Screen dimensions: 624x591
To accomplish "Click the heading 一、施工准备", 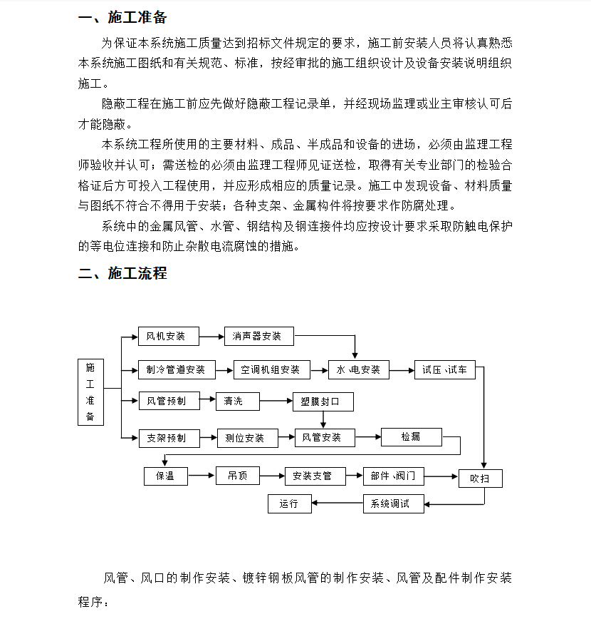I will [x=122, y=18].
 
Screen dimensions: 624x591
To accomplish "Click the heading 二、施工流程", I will [x=122, y=273].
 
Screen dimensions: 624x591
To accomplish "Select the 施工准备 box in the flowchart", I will [x=90, y=392].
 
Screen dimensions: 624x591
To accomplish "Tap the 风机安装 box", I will [x=168, y=336].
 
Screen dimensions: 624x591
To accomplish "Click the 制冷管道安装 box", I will [x=175, y=369].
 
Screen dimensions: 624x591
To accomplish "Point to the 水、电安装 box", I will [x=358, y=369].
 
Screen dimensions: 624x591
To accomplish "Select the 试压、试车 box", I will [x=444, y=369].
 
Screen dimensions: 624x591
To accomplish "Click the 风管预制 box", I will [x=168, y=401].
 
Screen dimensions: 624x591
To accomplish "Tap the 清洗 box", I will [x=238, y=401].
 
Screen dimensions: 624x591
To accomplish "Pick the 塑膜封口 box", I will [x=323, y=402].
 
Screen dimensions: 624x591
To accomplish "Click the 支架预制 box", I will [x=168, y=437].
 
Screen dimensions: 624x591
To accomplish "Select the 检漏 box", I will [x=411, y=436].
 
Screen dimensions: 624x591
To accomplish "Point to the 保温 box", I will [x=165, y=475].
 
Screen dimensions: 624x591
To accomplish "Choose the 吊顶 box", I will [x=238, y=475].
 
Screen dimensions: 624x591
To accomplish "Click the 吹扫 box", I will [x=480, y=478].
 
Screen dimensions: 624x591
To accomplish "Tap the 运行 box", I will [x=289, y=503].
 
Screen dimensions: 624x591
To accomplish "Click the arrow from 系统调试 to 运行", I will [x=338, y=503].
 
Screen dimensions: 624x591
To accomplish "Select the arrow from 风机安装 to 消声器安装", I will [x=211, y=336].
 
